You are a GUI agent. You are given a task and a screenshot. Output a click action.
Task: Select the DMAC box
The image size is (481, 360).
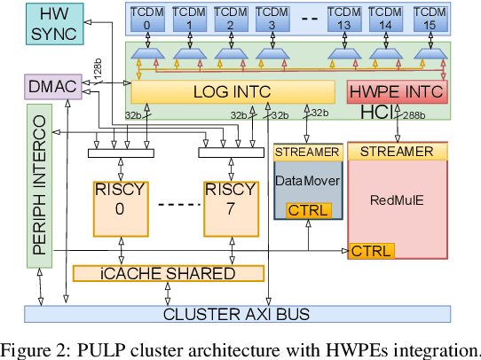[51, 86]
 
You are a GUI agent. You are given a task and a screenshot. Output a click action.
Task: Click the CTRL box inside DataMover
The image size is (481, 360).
[308, 210]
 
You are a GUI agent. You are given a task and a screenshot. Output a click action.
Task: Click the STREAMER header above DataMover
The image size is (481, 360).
[307, 152]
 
